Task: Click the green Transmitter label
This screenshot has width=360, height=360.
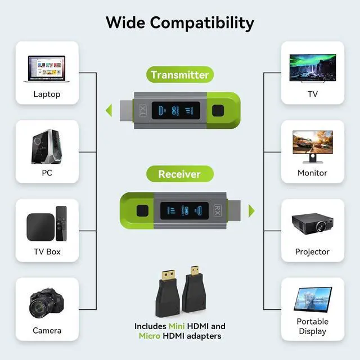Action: [180, 75]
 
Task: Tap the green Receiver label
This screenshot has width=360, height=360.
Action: [180, 174]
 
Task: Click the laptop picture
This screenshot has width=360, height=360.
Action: [47, 69]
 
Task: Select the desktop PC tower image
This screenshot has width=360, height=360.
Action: [47, 146]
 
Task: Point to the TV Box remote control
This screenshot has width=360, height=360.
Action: [61, 223]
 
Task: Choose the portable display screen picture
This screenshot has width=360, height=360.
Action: [313, 300]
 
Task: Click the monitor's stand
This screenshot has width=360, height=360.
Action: [313, 159]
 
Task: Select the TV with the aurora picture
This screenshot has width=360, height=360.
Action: [313, 68]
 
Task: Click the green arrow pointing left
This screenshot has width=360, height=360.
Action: [109, 110]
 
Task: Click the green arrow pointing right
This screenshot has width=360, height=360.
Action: [251, 211]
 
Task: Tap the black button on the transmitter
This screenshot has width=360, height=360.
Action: [218, 110]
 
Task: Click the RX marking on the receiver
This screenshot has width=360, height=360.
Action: [218, 210]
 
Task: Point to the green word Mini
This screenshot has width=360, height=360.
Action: [177, 326]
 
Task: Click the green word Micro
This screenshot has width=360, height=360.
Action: [150, 336]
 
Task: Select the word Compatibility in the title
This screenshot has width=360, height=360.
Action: [202, 24]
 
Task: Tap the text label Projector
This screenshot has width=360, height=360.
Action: [312, 252]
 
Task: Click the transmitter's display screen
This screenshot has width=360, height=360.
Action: [176, 110]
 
